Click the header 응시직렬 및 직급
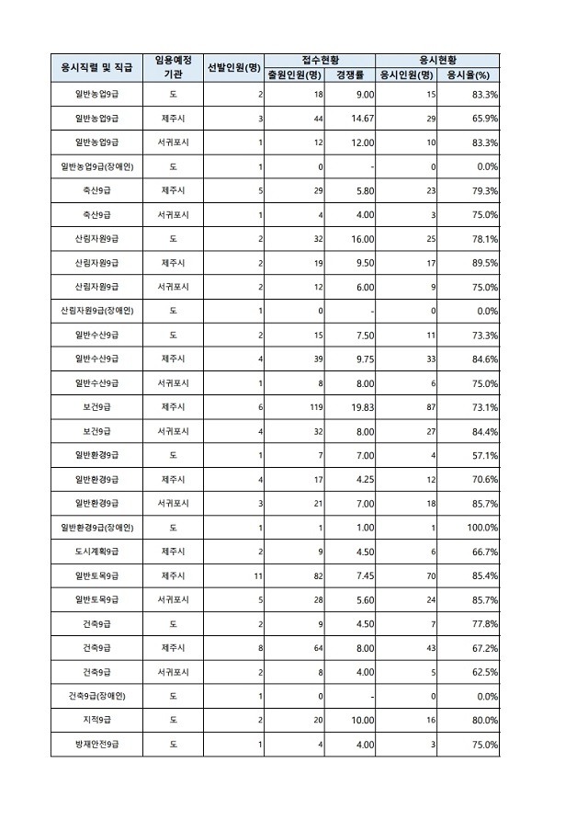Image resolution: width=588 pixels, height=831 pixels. (96, 67)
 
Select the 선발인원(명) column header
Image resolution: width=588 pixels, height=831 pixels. (234, 67)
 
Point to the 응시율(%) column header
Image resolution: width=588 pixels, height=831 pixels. (468, 74)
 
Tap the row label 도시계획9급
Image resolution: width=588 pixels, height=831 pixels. (96, 551)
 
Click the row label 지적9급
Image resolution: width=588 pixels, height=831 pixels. (96, 720)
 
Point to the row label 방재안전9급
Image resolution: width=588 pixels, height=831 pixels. (96, 744)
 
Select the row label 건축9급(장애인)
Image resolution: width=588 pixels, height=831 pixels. (96, 696)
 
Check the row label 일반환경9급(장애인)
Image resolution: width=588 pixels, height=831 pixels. (96, 527)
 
